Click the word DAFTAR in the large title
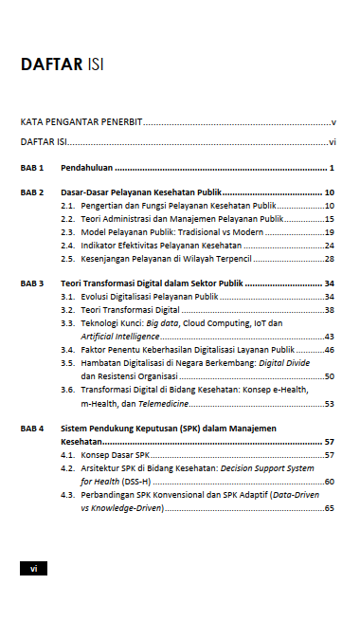point(50,65)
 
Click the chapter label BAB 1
point(32,167)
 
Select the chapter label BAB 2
point(32,192)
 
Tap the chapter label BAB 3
point(32,283)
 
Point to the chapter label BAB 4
point(32,429)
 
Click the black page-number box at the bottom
point(33,568)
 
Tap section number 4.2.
point(68,468)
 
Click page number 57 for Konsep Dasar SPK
point(329,455)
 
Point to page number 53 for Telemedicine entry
point(329,403)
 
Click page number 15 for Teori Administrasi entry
point(329,218)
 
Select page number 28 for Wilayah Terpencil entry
point(329,258)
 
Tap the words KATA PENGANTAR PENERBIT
point(80,123)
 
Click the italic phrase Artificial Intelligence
point(119,337)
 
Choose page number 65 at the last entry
point(329,508)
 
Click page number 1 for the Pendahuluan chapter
point(332,167)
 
